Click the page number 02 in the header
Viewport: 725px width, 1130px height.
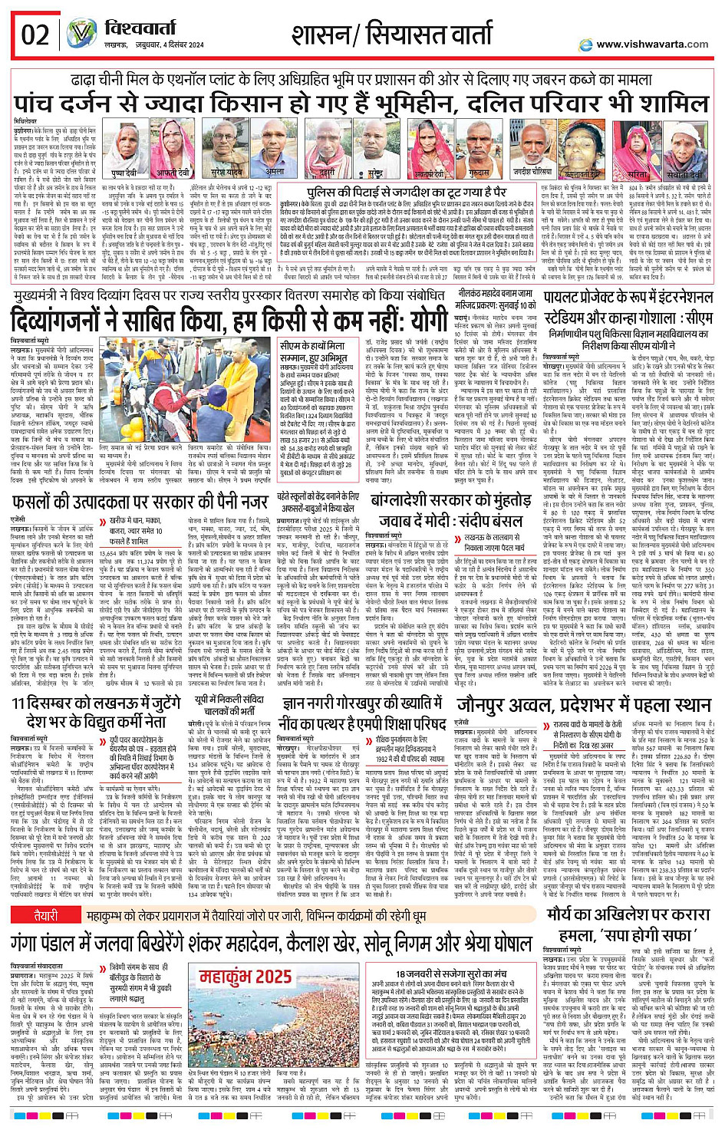[35, 35]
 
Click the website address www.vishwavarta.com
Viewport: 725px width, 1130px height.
[652, 44]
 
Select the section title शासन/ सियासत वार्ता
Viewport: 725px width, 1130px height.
[391, 35]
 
